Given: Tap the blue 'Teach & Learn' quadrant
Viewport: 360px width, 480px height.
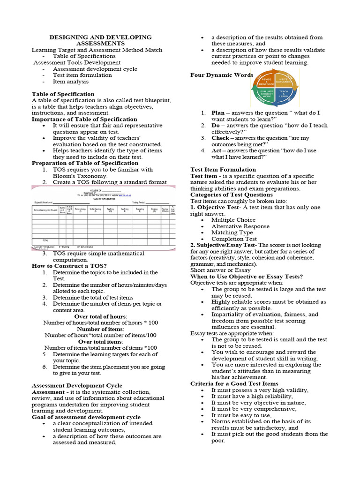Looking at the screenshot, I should (283, 93).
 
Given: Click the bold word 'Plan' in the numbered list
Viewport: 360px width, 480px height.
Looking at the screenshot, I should (218, 113).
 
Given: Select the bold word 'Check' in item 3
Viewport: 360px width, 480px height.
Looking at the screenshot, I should (220, 138).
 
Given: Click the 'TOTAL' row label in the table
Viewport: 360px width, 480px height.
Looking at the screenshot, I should (45, 240).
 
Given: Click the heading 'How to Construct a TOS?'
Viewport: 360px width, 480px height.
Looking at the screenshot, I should (69, 266).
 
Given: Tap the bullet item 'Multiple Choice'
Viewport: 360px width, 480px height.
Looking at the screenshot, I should (233, 220).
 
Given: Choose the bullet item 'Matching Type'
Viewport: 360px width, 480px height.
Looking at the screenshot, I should (232, 232).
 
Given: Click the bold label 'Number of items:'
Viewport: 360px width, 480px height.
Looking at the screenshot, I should (100, 329).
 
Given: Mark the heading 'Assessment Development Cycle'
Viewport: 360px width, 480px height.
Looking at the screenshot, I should (76, 385).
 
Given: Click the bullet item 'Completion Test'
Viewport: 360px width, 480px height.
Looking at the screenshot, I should (234, 239).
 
